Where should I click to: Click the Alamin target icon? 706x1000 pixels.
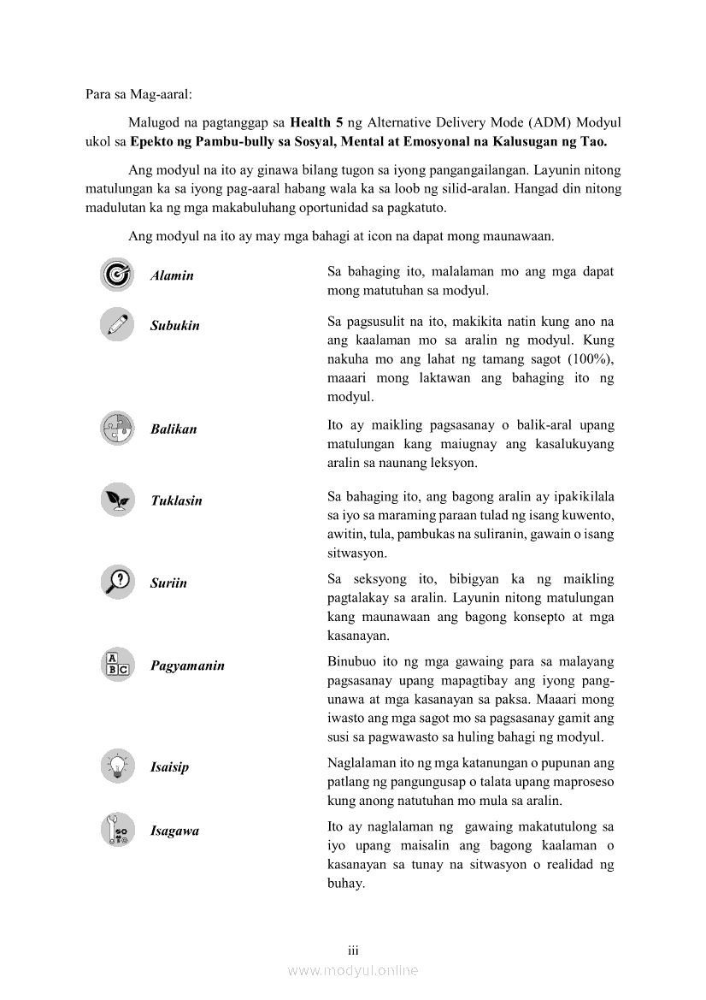(x=116, y=275)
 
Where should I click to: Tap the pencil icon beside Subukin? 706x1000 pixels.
(x=116, y=325)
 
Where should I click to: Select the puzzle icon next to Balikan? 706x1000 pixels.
(x=116, y=429)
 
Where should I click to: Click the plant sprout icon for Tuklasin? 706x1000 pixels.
(x=116, y=500)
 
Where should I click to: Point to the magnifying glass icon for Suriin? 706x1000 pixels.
(x=116, y=582)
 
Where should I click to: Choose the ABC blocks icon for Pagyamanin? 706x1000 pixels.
(x=116, y=665)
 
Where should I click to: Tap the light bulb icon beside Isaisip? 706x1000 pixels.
(x=116, y=766)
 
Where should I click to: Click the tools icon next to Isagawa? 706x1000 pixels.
(x=116, y=830)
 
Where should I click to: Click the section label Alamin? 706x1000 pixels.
(x=172, y=275)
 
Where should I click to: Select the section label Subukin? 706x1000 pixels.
(x=174, y=326)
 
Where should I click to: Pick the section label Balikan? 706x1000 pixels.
(x=174, y=429)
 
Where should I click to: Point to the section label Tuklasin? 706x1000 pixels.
(x=176, y=501)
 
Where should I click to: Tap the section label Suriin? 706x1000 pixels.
(x=168, y=583)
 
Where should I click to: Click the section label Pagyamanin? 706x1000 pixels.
(x=187, y=666)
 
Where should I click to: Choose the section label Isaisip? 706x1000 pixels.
(x=169, y=767)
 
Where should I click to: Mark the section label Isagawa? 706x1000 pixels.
(x=174, y=831)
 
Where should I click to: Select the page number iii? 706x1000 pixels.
(x=352, y=950)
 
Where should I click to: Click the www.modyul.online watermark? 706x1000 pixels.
(x=353, y=971)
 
